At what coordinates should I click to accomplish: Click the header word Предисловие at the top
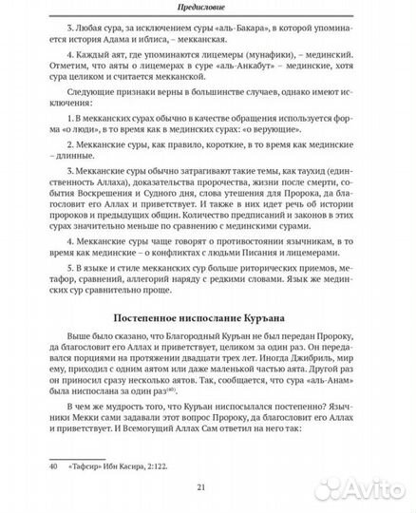click(207, 9)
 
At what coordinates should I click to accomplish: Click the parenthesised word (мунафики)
click(252, 70)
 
